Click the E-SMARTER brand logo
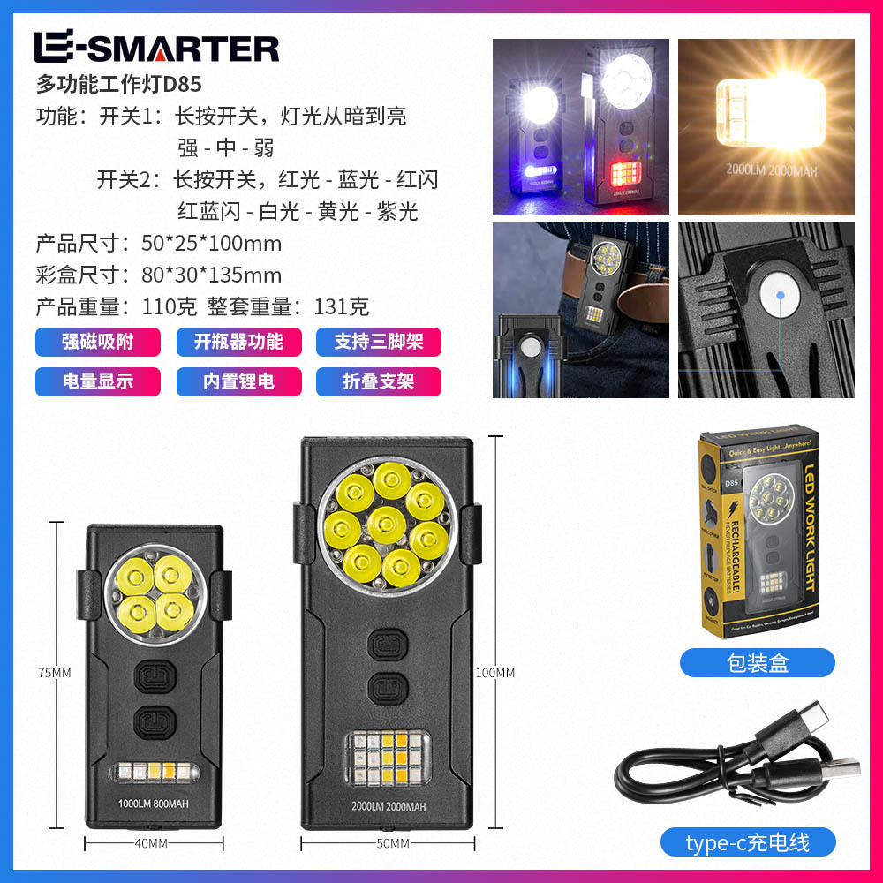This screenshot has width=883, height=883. [x=156, y=47]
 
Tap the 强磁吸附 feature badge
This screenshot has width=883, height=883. [x=97, y=342]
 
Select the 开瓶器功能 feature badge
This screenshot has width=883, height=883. [x=238, y=342]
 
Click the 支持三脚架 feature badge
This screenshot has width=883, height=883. [x=378, y=342]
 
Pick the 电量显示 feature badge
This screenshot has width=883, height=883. [x=97, y=381]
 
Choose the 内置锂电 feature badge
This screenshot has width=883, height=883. [x=238, y=381]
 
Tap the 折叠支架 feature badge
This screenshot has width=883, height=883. [x=378, y=381]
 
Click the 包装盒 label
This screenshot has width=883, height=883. [x=757, y=663]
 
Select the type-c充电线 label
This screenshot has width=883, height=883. [x=747, y=842]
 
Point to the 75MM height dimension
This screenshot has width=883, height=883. [x=55, y=673]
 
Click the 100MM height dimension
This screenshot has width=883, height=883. [x=495, y=673]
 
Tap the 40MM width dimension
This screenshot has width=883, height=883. [x=151, y=843]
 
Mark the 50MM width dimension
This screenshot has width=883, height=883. [x=392, y=843]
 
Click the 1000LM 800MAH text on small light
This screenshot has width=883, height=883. [x=154, y=804]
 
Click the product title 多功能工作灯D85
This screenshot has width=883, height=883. [x=119, y=85]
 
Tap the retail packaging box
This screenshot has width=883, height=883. [x=757, y=534]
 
